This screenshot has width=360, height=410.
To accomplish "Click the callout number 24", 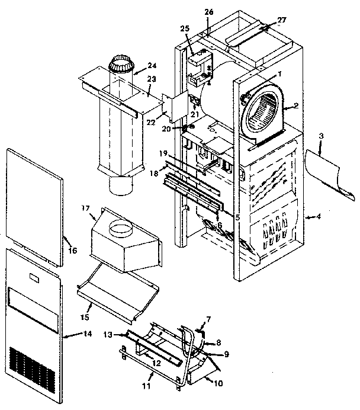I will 152,66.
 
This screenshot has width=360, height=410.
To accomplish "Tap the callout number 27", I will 281,20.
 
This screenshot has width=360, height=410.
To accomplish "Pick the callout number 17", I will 85,209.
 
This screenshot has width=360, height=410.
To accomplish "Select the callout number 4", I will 319,217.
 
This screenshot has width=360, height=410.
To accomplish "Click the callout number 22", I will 152,122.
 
